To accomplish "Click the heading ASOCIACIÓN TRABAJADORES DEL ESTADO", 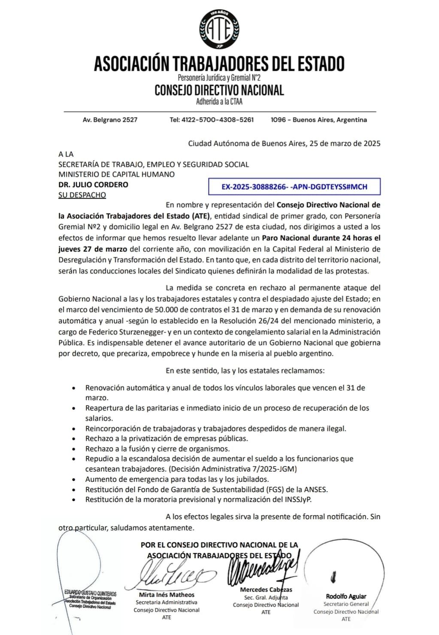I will click(x=219, y=63).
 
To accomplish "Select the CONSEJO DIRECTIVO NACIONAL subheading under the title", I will click(x=219, y=91).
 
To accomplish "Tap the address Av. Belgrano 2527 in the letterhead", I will click(x=110, y=120).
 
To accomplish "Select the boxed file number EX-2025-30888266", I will click(x=294, y=187).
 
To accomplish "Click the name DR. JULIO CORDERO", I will click(x=93, y=185).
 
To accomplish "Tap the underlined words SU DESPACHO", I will click(x=82, y=195).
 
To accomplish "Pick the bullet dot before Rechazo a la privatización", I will click(x=75, y=439).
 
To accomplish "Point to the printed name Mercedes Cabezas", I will click(x=266, y=590).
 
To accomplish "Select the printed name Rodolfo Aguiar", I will click(x=346, y=596).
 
